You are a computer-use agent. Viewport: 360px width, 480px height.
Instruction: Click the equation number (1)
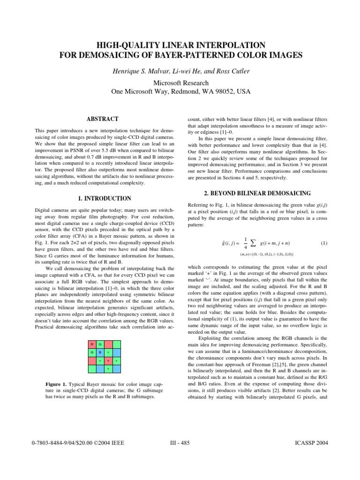[x=324, y=243]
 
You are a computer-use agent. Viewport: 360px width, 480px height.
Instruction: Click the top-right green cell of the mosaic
[x=116, y=345]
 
